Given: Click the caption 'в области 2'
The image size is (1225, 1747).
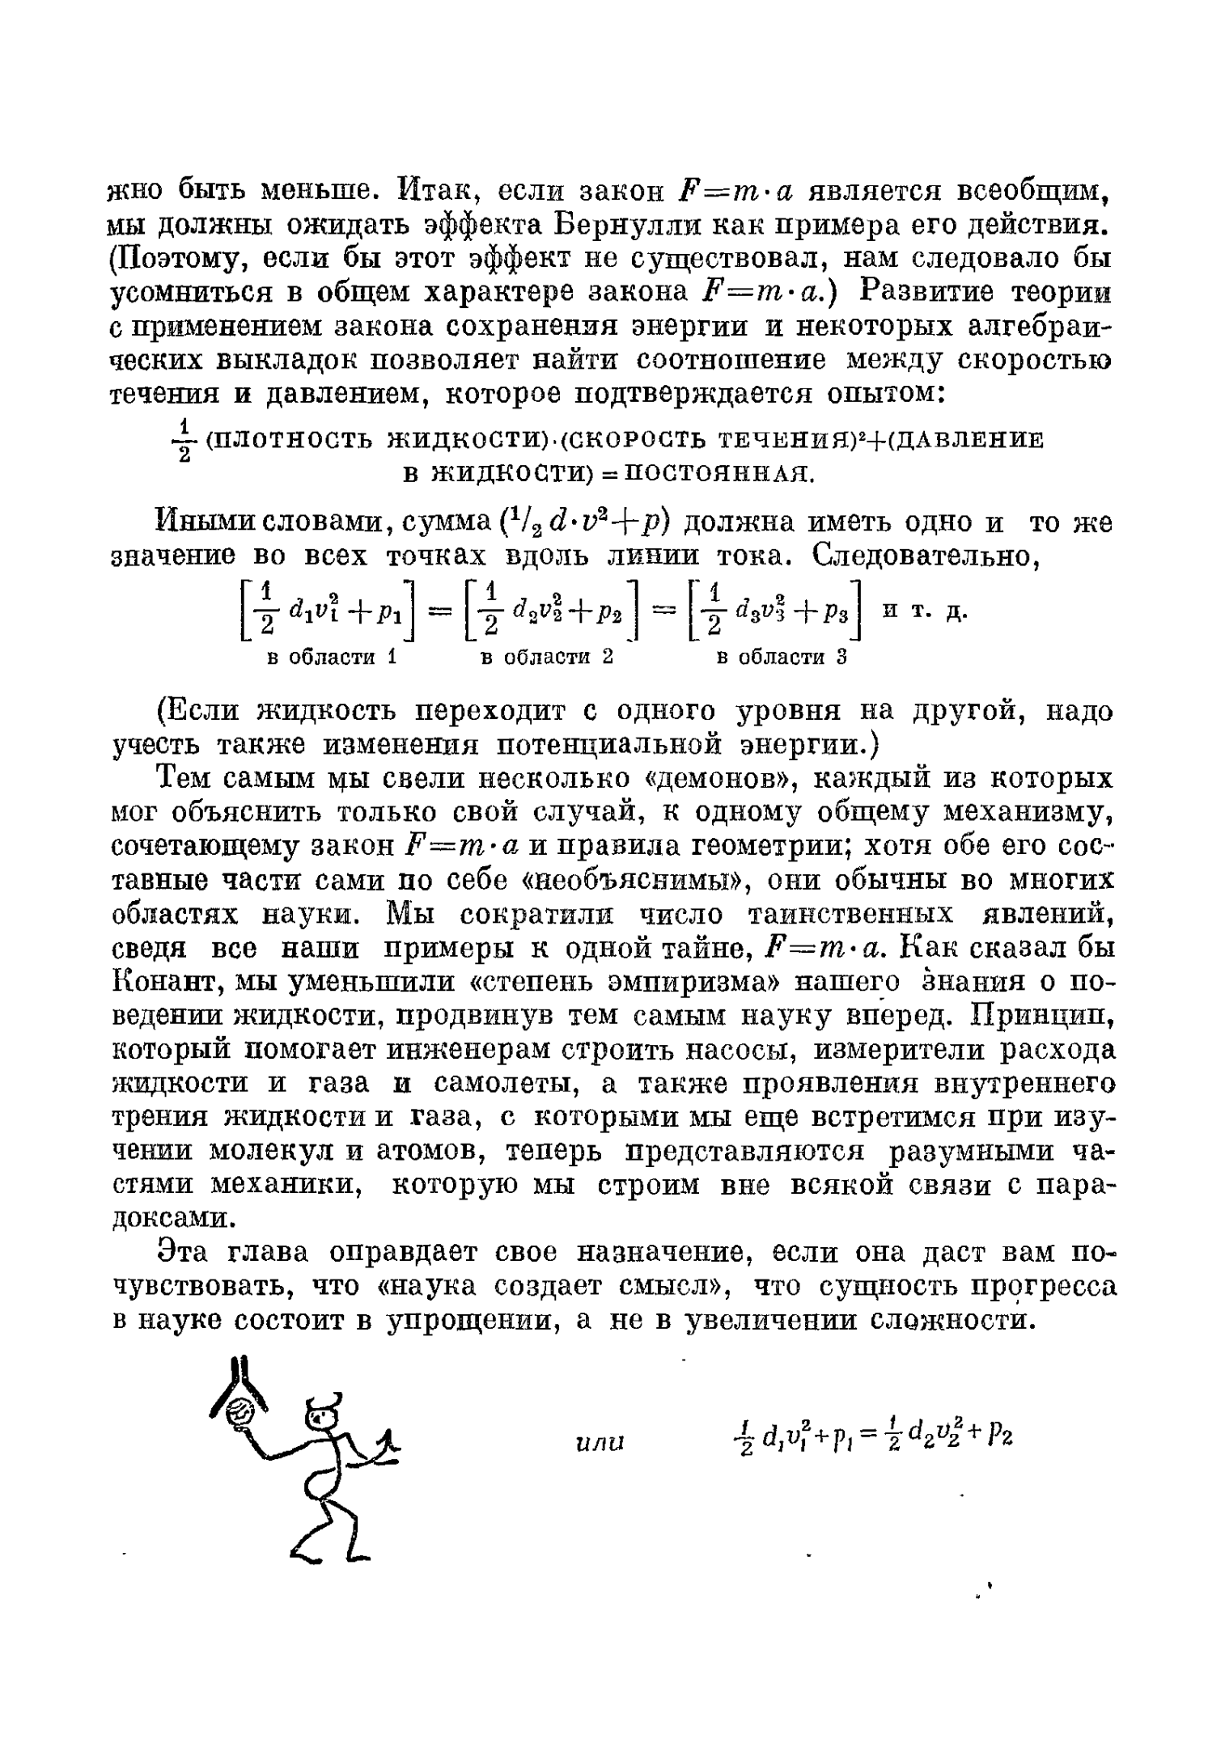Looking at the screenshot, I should click(x=546, y=657).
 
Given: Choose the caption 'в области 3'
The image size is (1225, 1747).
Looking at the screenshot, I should click(x=781, y=657).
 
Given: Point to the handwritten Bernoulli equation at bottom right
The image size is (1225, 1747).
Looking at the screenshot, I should click(x=869, y=1436).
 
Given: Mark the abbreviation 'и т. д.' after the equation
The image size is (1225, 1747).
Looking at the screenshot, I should click(x=925, y=611).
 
